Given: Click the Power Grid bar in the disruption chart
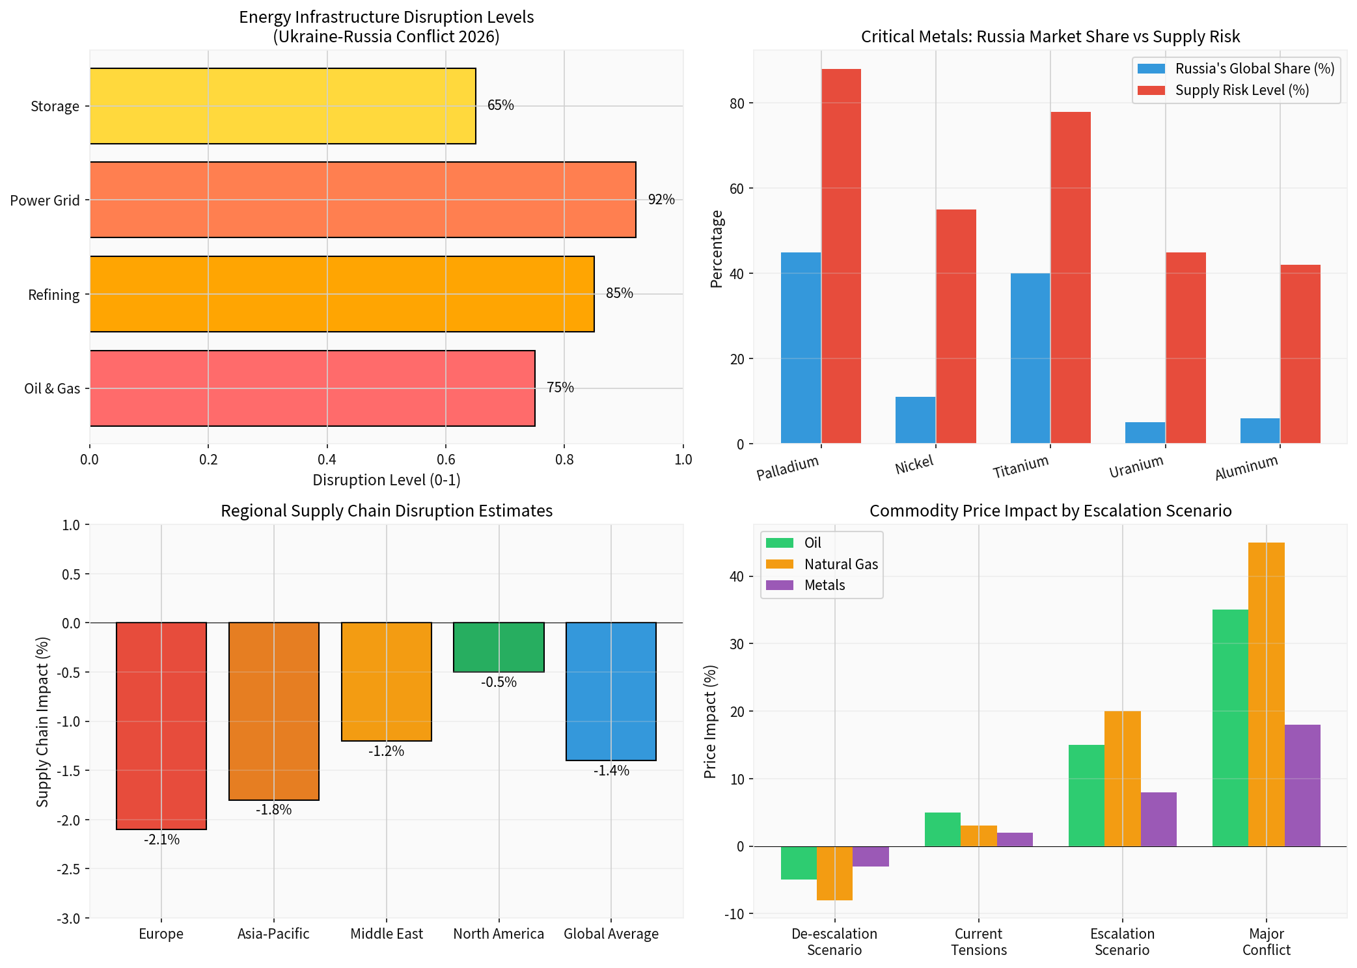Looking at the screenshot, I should click(x=363, y=200).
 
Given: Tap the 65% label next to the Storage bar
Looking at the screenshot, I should click(x=500, y=105).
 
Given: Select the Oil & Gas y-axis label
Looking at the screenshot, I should click(x=52, y=388).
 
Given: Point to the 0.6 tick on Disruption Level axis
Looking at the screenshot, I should click(x=446, y=459).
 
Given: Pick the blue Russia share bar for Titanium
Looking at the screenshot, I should click(x=1030, y=358).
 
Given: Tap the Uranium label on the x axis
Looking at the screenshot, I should click(x=1136, y=466).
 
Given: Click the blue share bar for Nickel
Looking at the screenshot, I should click(x=915, y=420).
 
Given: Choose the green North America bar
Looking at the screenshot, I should click(x=499, y=647).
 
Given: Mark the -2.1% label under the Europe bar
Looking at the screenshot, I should click(x=161, y=839).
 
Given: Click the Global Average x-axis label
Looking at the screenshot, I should click(x=610, y=934).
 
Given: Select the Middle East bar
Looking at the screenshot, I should click(x=387, y=682).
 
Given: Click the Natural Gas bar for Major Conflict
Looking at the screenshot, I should click(x=1266, y=694).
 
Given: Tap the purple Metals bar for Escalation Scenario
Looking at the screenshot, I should click(x=1158, y=819).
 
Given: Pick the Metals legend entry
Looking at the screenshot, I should click(x=824, y=585).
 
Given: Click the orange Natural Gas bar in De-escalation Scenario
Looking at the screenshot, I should click(x=834, y=873).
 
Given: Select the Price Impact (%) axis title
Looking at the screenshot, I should click(x=710, y=721).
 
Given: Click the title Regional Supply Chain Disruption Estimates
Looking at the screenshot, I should click(x=387, y=511).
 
